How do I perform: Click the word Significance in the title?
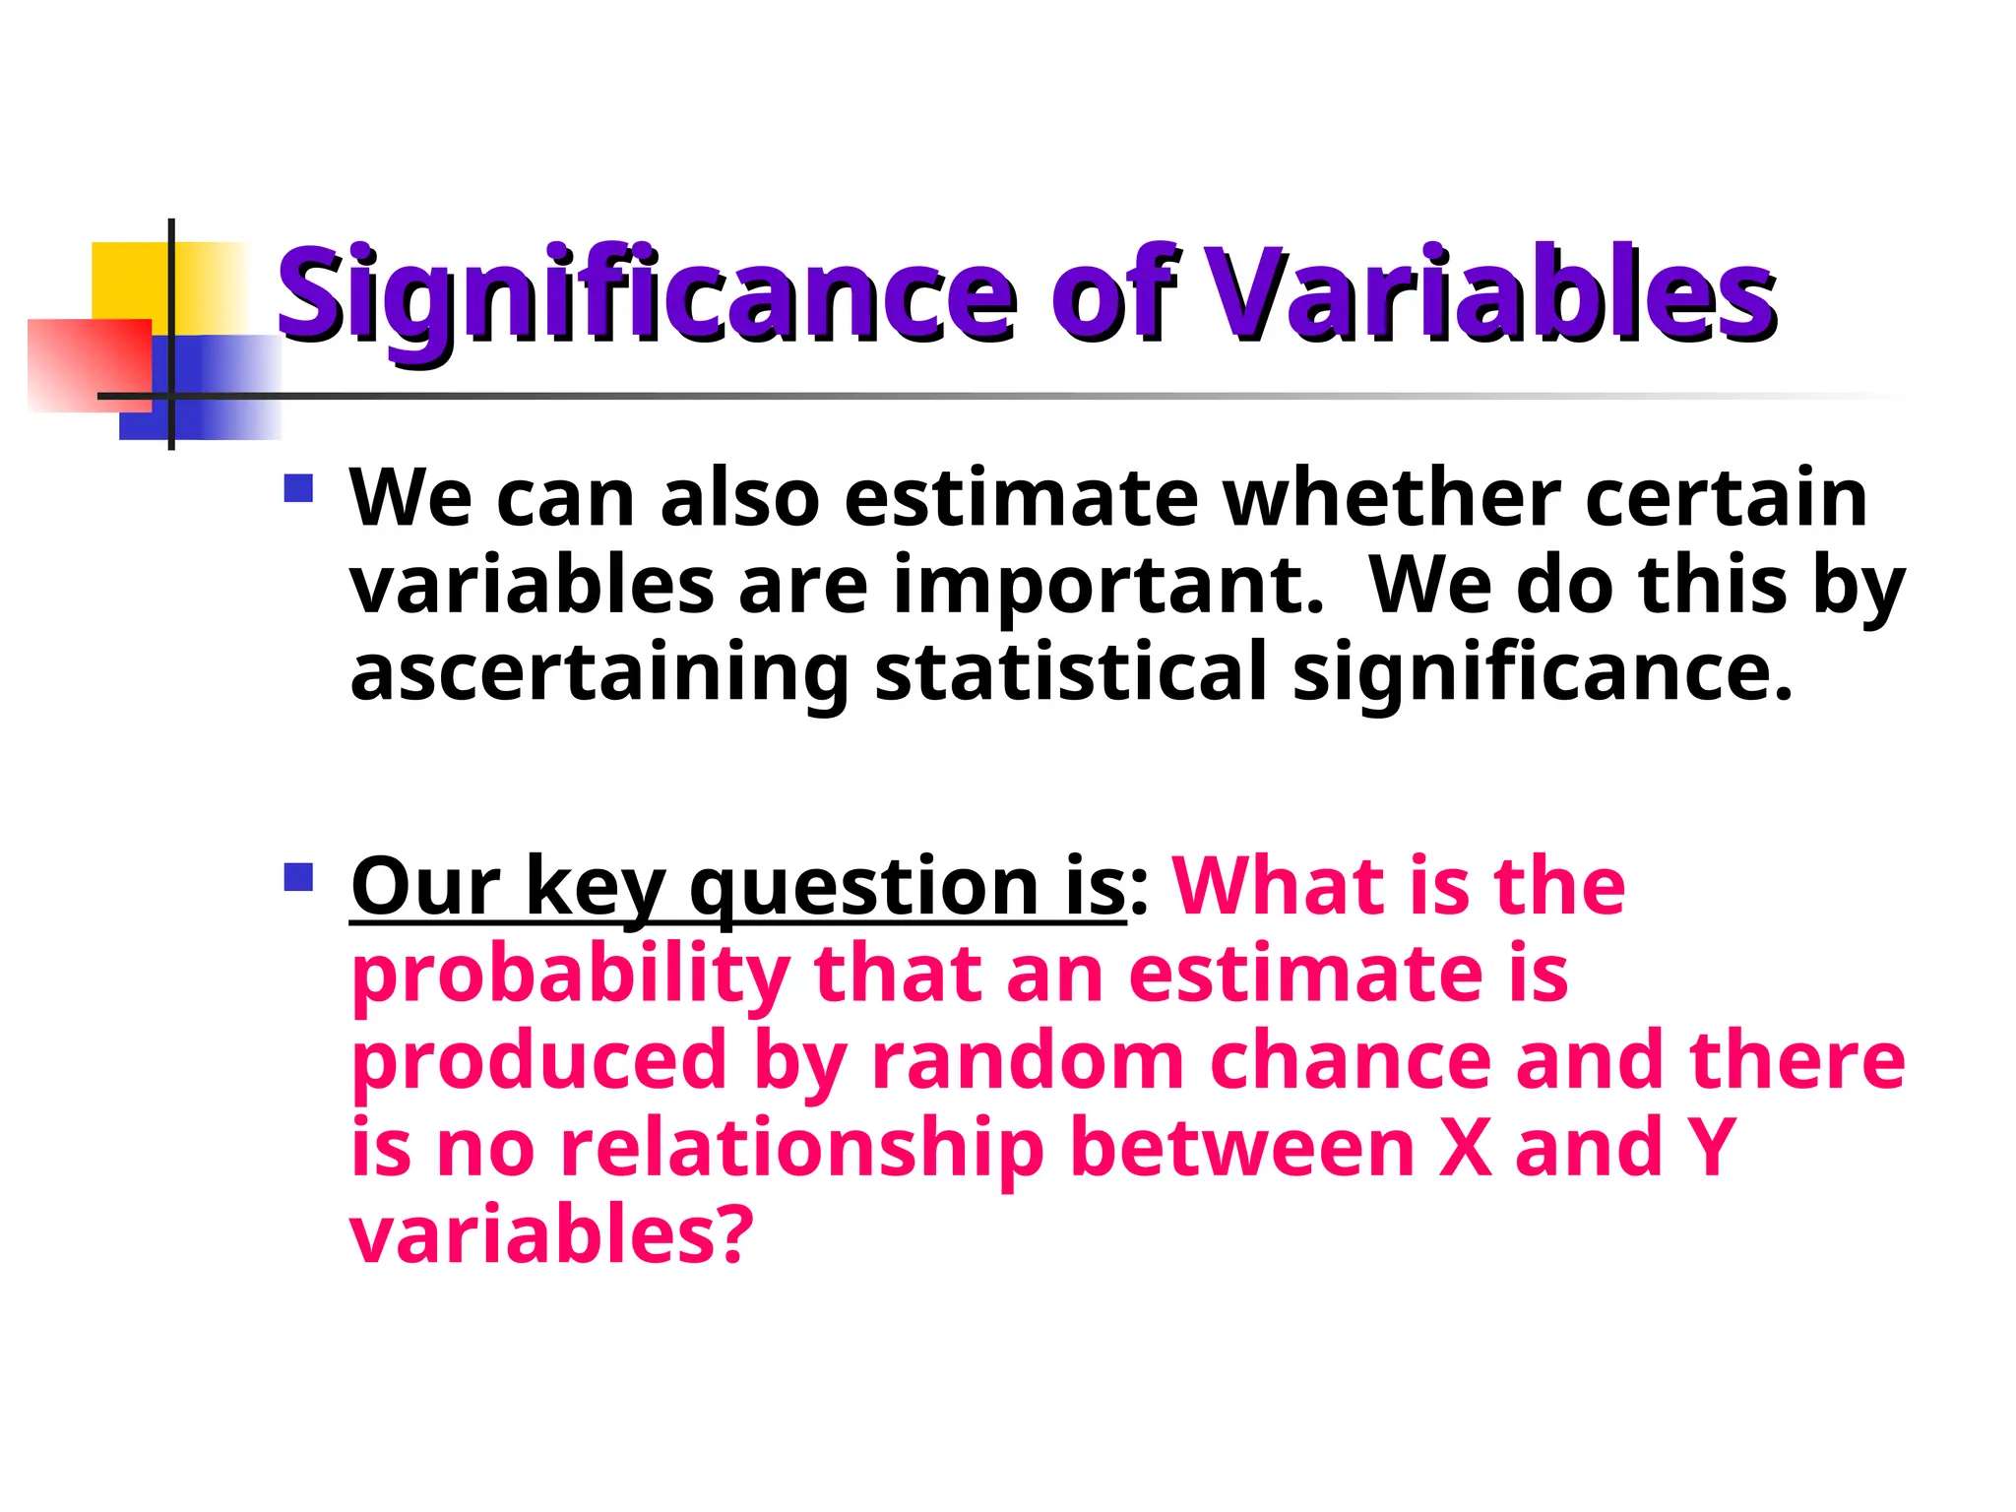(646, 293)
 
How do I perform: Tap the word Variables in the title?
(1490, 293)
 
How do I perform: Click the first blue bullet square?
(297, 489)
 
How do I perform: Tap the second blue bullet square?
(297, 876)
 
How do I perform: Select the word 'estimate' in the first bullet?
(1021, 498)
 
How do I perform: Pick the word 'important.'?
(1108, 587)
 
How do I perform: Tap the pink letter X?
(1464, 1148)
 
